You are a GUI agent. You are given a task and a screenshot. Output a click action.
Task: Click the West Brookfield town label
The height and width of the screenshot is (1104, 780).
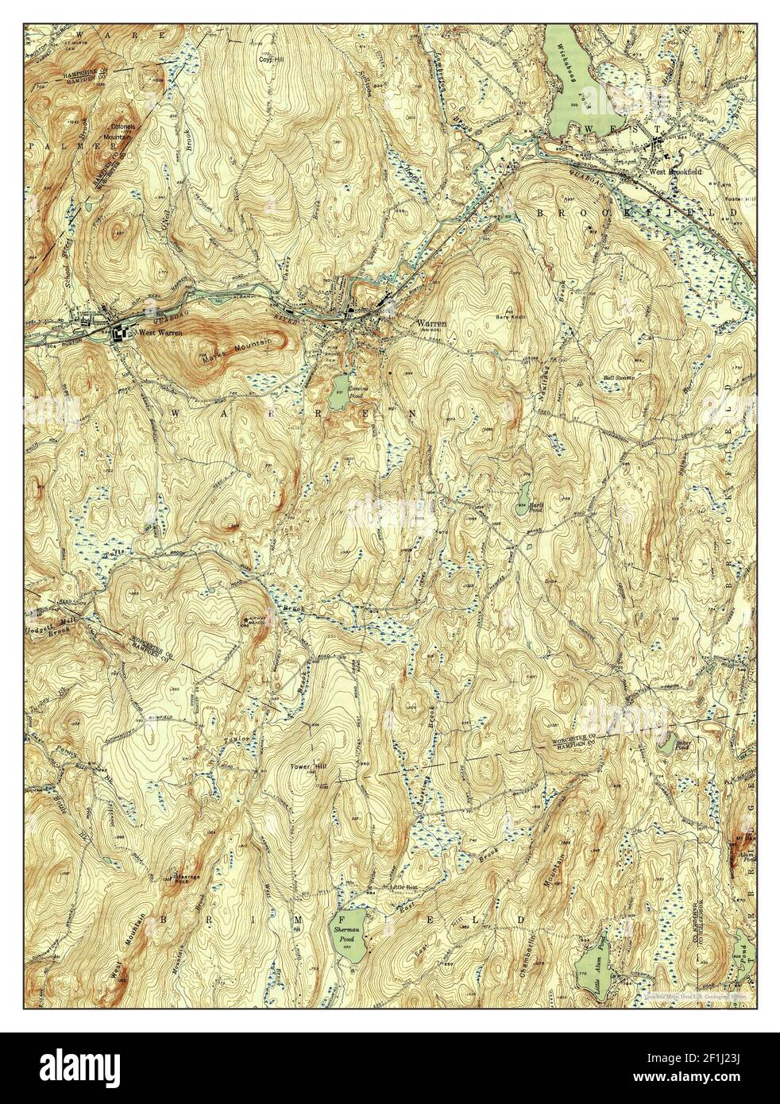674,171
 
